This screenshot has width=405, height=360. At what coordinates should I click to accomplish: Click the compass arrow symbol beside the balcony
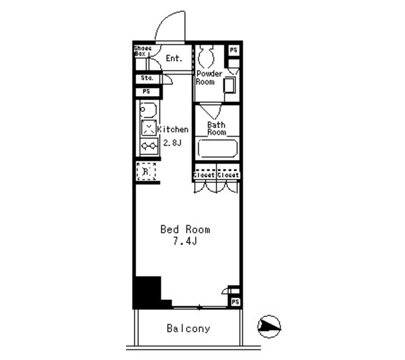coord(268,326)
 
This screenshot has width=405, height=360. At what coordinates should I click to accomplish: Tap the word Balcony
coord(188,329)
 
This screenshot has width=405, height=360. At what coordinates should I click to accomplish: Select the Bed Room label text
coord(184,230)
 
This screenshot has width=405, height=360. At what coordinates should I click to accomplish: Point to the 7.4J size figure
coord(184,242)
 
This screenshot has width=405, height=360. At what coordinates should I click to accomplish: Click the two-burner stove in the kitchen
coord(149,147)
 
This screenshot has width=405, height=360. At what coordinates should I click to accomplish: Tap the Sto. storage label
coord(146,79)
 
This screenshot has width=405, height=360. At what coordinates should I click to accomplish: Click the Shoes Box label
coord(140,51)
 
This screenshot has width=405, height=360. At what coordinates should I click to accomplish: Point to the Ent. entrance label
coord(173,58)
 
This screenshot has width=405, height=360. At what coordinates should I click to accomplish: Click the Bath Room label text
coord(216,128)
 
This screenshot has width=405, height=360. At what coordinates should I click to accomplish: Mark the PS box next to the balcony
coord(234,302)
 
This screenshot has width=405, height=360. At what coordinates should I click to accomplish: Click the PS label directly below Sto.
coord(146,92)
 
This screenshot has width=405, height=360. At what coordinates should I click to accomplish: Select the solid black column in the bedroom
coord(147,292)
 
